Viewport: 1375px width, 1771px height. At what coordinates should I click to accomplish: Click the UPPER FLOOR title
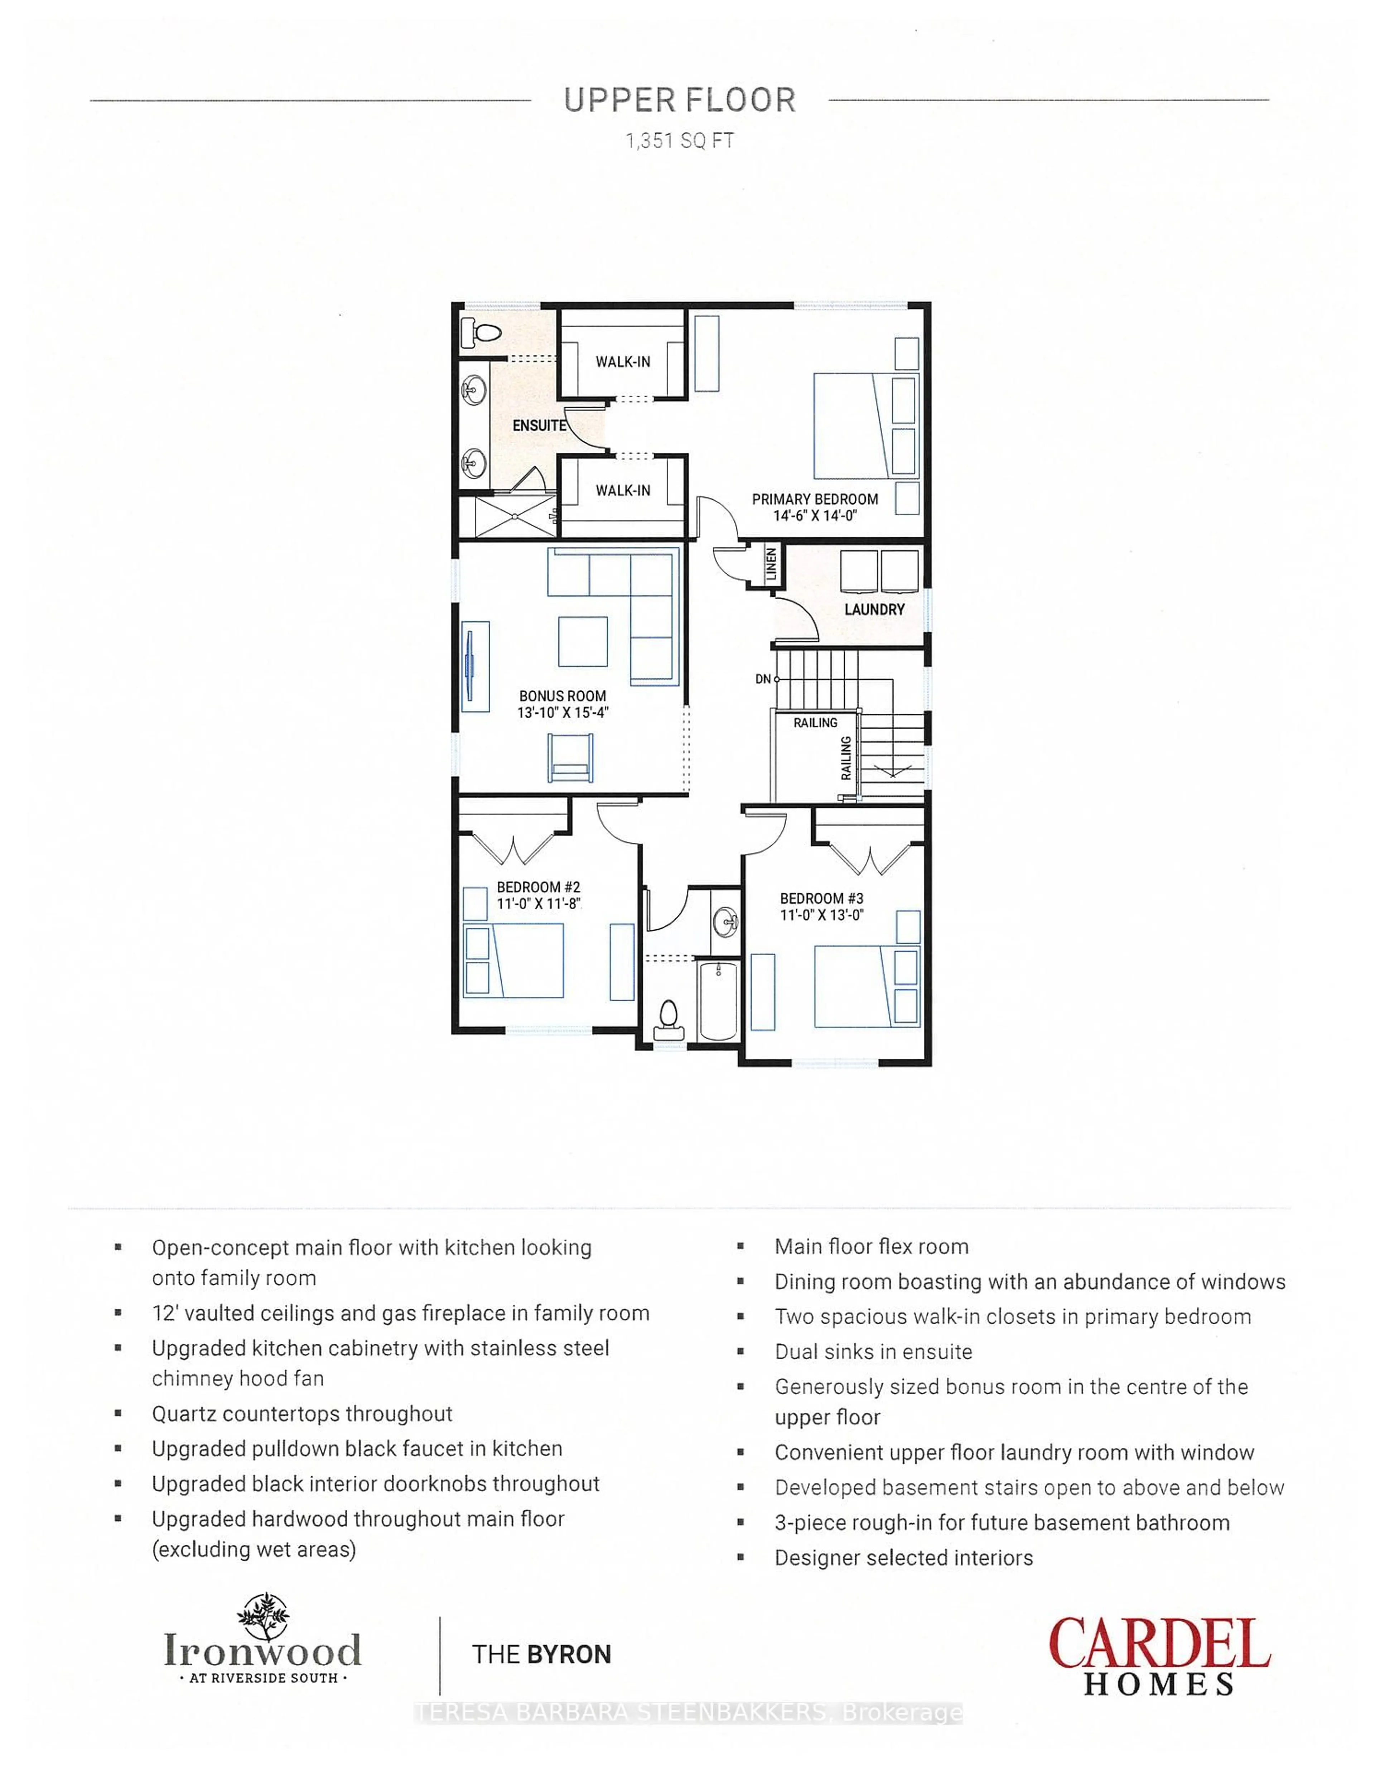[679, 101]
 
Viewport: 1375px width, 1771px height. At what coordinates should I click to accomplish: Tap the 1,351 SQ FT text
[679, 141]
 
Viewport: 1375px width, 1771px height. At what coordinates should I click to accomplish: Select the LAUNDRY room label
[874, 609]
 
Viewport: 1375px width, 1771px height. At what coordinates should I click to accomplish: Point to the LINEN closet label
[771, 564]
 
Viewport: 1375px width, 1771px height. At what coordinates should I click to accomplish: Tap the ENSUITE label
[538, 425]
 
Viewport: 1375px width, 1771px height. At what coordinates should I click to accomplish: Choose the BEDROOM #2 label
[538, 887]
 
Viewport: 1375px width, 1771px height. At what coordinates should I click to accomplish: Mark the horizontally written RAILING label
[815, 722]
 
